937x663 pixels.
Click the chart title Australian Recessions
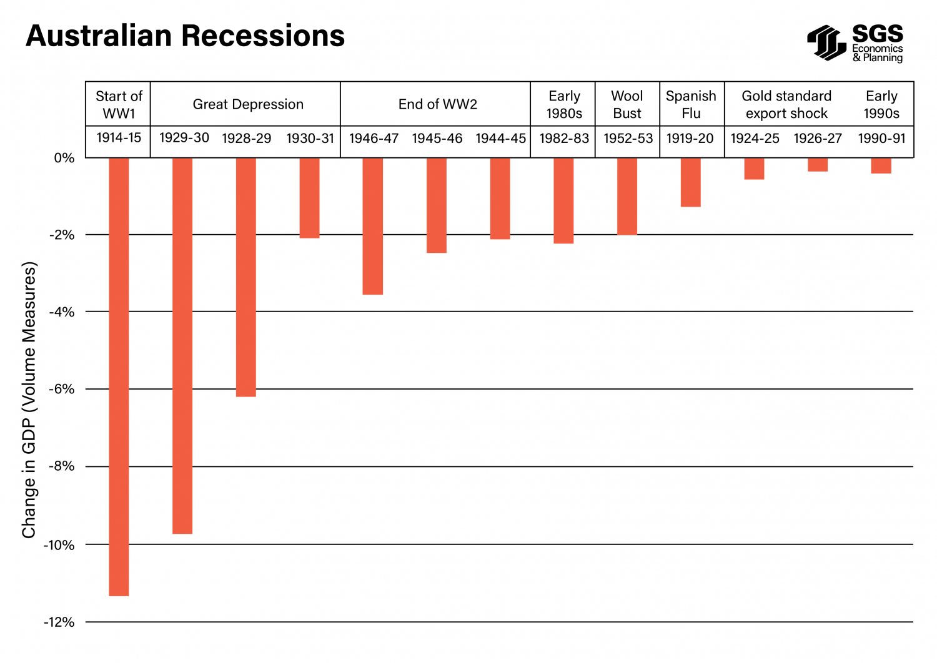pyautogui.click(x=185, y=36)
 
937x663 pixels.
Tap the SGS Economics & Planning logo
pyautogui.click(x=855, y=43)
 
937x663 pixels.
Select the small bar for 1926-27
pyautogui.click(x=818, y=165)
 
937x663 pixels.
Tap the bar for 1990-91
pyautogui.click(x=881, y=165)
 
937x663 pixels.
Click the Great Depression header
pyautogui.click(x=248, y=104)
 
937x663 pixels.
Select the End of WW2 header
pyautogui.click(x=437, y=104)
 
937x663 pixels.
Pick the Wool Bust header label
pyautogui.click(x=627, y=104)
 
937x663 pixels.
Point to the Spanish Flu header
pyautogui.click(x=691, y=104)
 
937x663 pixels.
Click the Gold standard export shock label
pyautogui.click(x=786, y=104)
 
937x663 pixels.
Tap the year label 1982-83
pyautogui.click(x=564, y=139)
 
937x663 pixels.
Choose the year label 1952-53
pyautogui.click(x=628, y=139)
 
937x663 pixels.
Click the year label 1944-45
pyautogui.click(x=500, y=139)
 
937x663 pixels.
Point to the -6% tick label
pyautogui.click(x=62, y=390)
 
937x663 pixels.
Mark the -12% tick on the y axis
pyautogui.click(x=59, y=622)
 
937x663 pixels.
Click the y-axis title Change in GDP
pyautogui.click(x=29, y=400)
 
